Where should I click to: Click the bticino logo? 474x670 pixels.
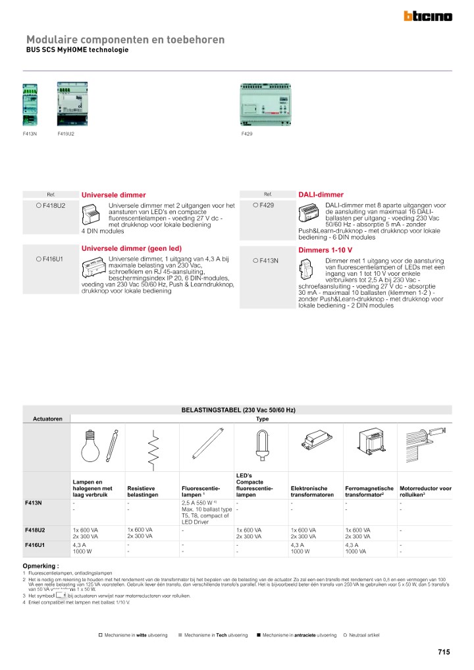(427, 16)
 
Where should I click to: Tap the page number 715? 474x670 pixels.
(443, 652)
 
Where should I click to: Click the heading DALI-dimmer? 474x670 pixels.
(321, 195)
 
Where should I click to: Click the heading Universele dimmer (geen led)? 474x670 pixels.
(131, 248)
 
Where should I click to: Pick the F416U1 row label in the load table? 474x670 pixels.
(34, 545)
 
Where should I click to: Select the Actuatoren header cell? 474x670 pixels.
(47, 419)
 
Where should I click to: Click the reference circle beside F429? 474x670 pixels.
(255, 205)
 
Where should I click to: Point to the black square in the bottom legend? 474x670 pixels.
(259, 635)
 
